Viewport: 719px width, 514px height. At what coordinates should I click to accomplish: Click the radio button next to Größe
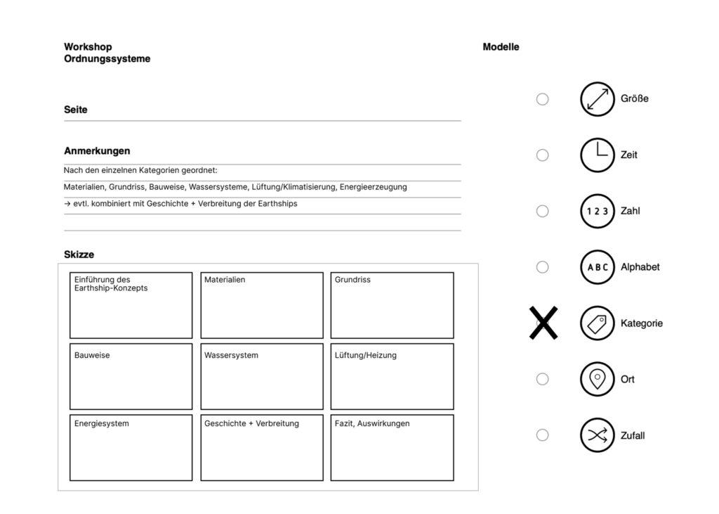pos(542,99)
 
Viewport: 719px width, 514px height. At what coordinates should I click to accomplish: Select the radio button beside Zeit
pos(542,155)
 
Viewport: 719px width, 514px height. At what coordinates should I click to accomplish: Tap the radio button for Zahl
pos(542,211)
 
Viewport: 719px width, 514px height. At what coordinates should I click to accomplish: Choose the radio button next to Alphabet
pos(542,267)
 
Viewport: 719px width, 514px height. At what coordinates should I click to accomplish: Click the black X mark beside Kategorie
pos(543,323)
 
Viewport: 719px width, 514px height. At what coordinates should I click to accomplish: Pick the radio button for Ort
pos(542,379)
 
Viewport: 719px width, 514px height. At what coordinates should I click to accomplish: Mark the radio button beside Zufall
pos(542,435)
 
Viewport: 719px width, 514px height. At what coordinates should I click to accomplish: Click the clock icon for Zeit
pos(597,155)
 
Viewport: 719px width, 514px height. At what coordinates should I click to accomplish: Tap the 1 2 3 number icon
pos(597,211)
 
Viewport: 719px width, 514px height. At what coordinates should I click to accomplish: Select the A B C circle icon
pos(597,267)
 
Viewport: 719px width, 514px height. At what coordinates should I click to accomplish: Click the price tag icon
pos(597,323)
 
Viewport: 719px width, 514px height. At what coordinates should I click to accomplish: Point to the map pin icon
pos(597,379)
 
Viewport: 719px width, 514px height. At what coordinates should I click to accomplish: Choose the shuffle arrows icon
pos(597,435)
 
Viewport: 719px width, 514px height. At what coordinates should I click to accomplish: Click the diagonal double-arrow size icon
pos(597,99)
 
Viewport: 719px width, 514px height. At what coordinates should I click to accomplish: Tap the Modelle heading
pos(501,47)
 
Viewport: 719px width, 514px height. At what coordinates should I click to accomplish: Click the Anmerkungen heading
pos(97,151)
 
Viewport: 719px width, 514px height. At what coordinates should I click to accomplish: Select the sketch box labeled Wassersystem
pos(262,376)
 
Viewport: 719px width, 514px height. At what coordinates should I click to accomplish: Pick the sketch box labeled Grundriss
pos(392,305)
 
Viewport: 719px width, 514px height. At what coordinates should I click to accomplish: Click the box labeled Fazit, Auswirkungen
pos(392,447)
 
